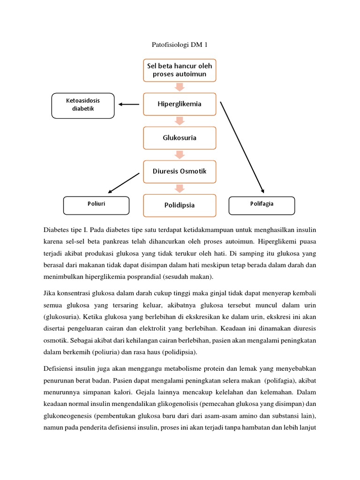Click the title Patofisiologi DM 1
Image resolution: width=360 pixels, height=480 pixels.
point(180,45)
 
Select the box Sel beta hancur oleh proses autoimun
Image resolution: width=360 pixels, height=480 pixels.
point(180,70)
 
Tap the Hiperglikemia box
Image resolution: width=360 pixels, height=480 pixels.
point(180,104)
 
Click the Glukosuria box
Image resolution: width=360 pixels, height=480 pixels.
point(180,138)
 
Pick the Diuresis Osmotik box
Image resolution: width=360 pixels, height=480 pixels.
point(180,171)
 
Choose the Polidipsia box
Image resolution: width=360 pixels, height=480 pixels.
point(180,205)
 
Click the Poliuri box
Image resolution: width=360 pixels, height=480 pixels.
point(96,204)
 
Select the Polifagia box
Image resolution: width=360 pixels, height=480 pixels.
point(262,204)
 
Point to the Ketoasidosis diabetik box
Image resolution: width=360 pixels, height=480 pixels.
point(83,105)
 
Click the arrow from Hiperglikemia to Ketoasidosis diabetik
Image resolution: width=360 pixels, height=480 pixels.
point(129,105)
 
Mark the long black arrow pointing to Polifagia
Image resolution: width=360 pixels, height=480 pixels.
point(242,147)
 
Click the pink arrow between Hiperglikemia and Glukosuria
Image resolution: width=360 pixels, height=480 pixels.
point(180,121)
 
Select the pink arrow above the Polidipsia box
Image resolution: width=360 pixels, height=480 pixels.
point(180,188)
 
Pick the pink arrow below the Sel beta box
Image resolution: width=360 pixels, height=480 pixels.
point(180,87)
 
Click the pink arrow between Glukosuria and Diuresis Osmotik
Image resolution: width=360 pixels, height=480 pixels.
point(180,155)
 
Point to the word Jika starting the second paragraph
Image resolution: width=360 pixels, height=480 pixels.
point(49,293)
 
